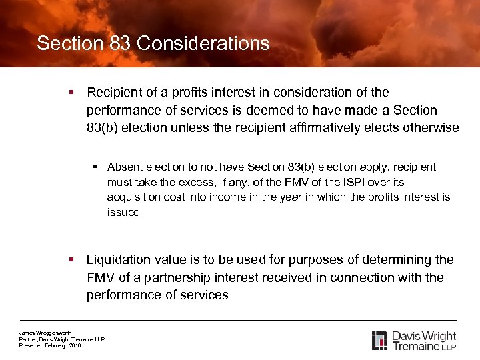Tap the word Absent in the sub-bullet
click(124, 167)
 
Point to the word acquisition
click(133, 197)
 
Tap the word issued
click(123, 213)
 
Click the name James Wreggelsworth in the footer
click(45, 333)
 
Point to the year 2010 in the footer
click(74, 345)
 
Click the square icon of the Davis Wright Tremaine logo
click(379, 340)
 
